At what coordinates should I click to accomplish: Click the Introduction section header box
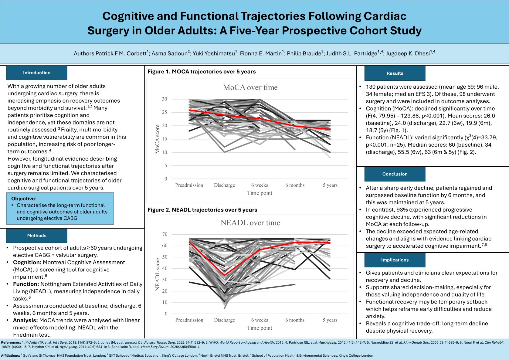tap(37, 73)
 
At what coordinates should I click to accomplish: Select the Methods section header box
tap(37, 236)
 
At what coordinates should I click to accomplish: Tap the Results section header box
tap(395, 73)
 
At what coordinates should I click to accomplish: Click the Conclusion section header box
tap(395, 174)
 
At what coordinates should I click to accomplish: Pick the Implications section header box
tap(395, 260)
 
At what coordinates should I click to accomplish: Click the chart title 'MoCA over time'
tap(250, 87)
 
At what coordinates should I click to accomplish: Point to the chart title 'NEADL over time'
tap(250, 223)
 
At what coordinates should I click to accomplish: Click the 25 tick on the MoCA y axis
tap(164, 112)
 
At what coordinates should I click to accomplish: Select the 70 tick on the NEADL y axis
tap(165, 234)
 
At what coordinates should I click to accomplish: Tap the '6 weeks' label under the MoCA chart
tap(260, 185)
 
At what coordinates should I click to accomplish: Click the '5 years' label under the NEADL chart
tap(330, 320)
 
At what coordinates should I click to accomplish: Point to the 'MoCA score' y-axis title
tap(157, 139)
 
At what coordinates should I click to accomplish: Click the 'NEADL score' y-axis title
tap(157, 274)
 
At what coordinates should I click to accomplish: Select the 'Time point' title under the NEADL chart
tap(260, 328)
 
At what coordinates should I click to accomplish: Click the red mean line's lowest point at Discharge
tap(224, 275)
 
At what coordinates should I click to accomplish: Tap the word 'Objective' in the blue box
tap(23, 199)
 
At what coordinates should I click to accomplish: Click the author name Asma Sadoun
tap(169, 53)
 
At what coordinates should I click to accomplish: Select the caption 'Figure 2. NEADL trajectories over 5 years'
tap(202, 210)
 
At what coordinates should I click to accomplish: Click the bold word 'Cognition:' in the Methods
tap(27, 262)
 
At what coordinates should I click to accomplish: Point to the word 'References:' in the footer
tap(11, 342)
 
